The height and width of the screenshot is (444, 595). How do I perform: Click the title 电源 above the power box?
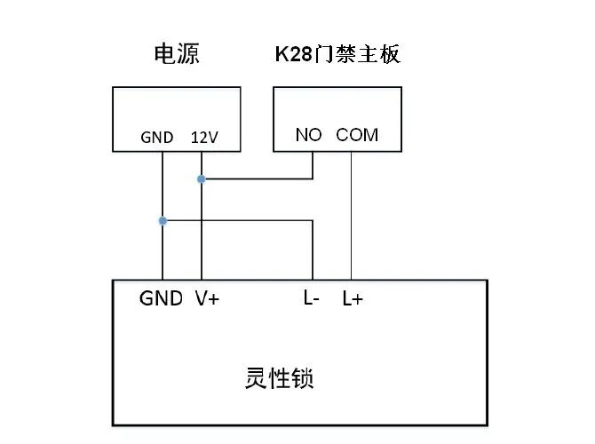177,55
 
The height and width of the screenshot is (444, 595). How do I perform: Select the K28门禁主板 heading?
337,55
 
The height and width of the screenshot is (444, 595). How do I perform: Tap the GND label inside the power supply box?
158,139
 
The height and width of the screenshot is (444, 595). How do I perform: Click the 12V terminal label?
204,139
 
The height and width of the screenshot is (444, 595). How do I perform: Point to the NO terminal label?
308,135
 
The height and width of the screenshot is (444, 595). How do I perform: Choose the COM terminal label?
357,135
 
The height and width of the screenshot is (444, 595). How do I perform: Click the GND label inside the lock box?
161,298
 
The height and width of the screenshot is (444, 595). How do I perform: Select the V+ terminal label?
207,298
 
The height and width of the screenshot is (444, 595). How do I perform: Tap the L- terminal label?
311,298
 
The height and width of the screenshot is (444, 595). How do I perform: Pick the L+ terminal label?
353,299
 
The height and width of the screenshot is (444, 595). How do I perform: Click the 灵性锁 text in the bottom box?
279,379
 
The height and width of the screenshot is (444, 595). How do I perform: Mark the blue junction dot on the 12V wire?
202,179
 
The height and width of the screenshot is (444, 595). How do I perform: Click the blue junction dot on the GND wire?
163,220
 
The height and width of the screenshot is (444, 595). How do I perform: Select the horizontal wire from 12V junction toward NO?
258,179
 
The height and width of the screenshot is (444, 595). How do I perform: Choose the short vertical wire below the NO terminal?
313,165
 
